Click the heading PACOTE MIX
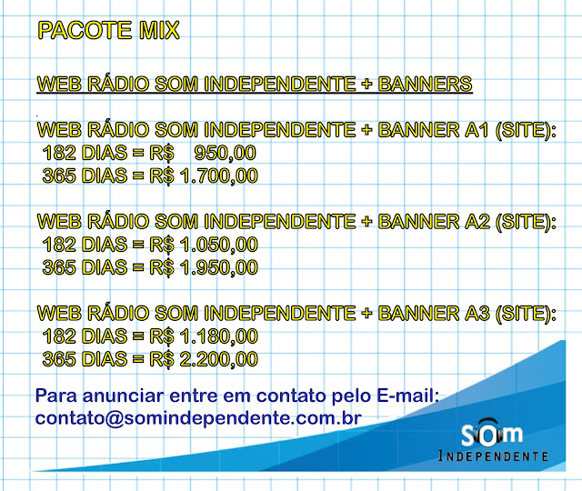tap(109, 30)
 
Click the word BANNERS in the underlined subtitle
tap(425, 84)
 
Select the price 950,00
tap(226, 153)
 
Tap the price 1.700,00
tap(218, 175)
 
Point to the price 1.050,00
tap(218, 245)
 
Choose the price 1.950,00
tap(218, 267)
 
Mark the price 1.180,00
tap(218, 336)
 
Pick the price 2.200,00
tap(218, 359)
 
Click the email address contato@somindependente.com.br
tap(198, 418)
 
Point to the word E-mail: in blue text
tap(408, 396)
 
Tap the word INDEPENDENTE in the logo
tap(493, 456)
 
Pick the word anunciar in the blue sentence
tap(123, 396)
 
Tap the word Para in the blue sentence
tap(56, 396)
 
